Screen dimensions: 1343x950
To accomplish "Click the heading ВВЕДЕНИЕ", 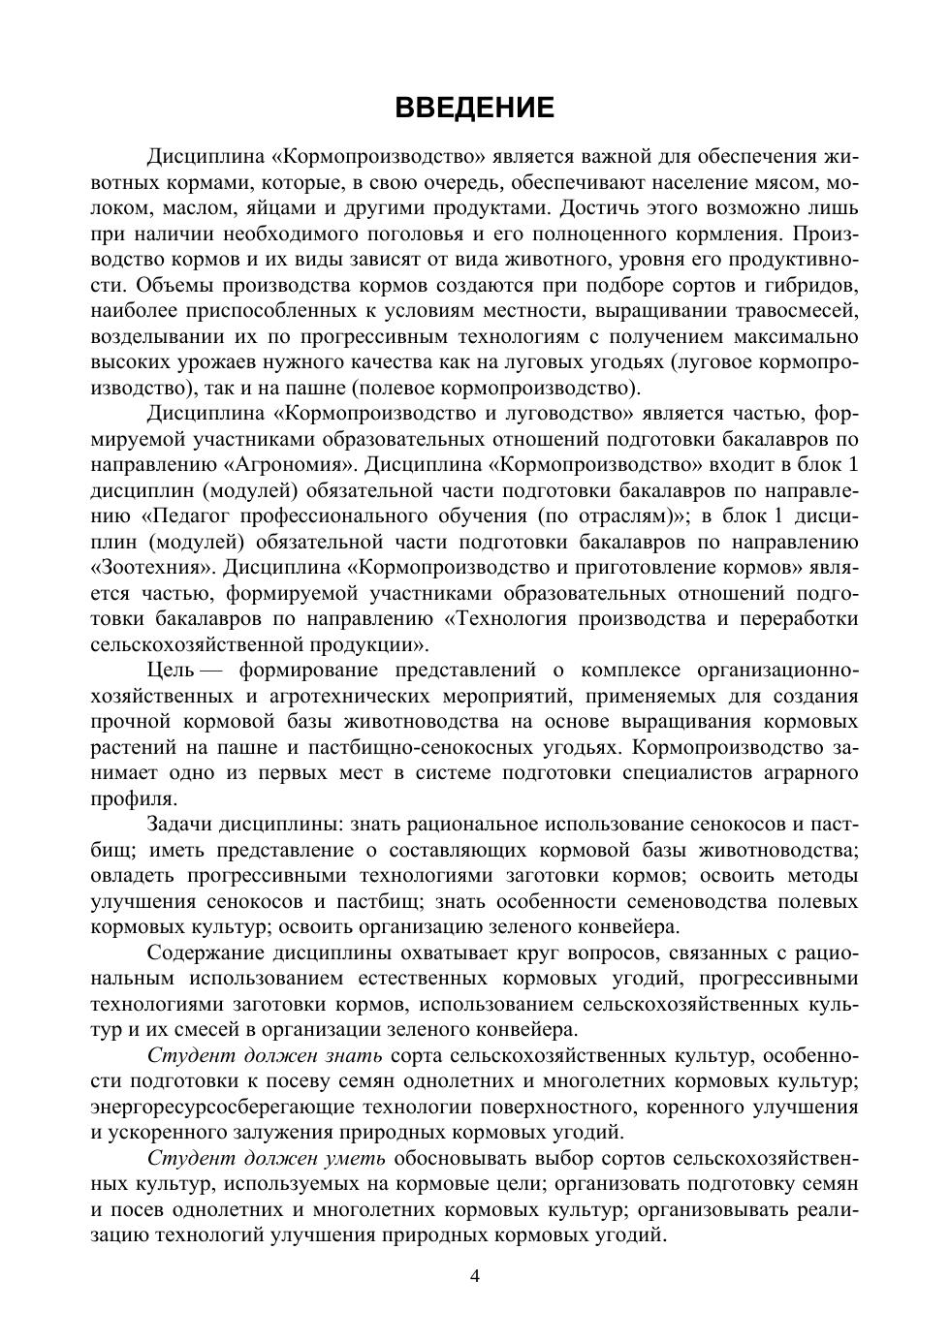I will (x=475, y=107).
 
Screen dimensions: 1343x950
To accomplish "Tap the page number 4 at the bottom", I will (x=475, y=1276).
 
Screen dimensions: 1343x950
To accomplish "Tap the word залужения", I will (x=317, y=1132).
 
